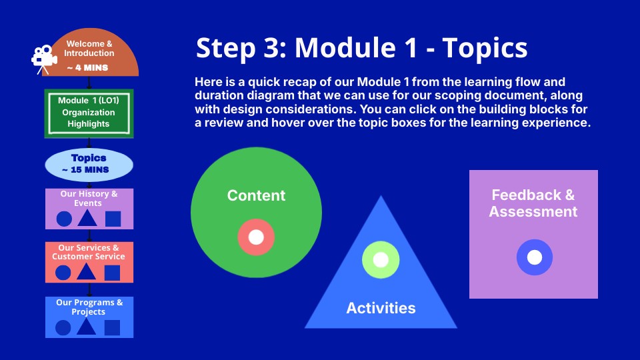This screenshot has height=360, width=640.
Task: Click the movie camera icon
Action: (x=44, y=59)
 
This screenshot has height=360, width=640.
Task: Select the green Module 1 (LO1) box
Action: (x=89, y=113)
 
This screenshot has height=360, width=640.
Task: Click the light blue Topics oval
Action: (x=89, y=165)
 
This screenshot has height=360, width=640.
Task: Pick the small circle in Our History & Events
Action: (x=64, y=219)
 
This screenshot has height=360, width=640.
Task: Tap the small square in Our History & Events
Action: (x=113, y=219)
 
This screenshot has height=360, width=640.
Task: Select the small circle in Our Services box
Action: (x=63, y=273)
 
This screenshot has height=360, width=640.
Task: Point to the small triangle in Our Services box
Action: (x=86, y=273)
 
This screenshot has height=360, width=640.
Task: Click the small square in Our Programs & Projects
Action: (x=112, y=327)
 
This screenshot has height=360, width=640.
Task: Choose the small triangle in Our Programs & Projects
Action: (x=86, y=327)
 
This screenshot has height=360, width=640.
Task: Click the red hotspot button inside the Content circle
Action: (x=256, y=237)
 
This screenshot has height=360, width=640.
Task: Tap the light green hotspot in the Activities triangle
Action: (x=381, y=259)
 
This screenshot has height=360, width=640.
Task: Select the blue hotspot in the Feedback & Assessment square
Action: (x=534, y=257)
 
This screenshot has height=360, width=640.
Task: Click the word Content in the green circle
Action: (x=256, y=195)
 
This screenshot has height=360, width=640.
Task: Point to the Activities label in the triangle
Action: (x=381, y=308)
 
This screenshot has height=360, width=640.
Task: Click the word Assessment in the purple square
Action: (x=533, y=212)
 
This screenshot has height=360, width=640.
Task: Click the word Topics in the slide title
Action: (x=485, y=49)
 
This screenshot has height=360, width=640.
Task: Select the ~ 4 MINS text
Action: (x=88, y=68)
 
